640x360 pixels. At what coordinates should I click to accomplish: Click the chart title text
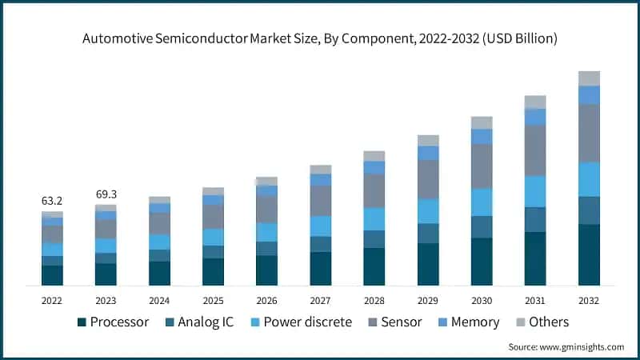[x=320, y=38]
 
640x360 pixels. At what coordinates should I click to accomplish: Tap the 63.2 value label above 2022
[x=52, y=199]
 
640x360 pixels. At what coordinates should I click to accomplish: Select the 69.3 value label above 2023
[x=106, y=194]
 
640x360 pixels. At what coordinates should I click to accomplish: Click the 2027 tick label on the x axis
[x=320, y=300]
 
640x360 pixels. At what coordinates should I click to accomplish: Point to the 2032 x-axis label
[x=589, y=300]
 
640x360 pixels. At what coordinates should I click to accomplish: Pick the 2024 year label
[x=159, y=300]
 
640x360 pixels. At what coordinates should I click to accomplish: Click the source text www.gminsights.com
[x=566, y=346]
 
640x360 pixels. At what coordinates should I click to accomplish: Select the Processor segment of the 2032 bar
[x=589, y=254]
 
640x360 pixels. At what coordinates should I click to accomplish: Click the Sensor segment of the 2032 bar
[x=589, y=133]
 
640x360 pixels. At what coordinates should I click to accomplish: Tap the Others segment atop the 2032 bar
[x=589, y=78]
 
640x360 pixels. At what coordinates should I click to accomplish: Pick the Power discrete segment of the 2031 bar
[x=535, y=191]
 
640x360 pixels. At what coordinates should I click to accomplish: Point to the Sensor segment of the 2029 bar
[x=428, y=179]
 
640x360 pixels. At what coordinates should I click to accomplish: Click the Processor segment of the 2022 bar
[x=52, y=275]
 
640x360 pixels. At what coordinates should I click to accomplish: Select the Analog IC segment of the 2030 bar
[x=482, y=226]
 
